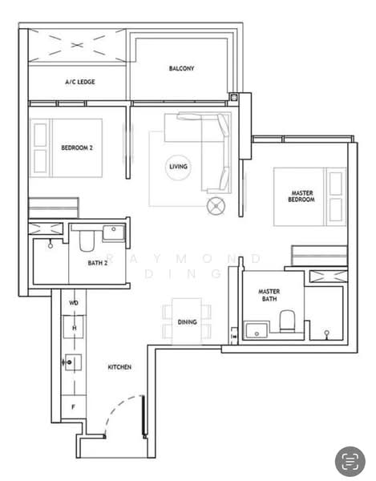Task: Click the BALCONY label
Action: click(x=181, y=69)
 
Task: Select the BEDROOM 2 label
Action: click(x=77, y=148)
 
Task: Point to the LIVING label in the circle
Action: click(x=179, y=167)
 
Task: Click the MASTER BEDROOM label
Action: click(x=301, y=196)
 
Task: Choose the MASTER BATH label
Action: click(x=268, y=295)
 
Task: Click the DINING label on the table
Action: click(x=187, y=321)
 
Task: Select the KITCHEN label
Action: click(x=120, y=367)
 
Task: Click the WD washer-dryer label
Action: click(x=74, y=303)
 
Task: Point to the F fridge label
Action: click(x=73, y=407)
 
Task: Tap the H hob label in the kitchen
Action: click(x=74, y=328)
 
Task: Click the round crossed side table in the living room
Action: click(x=216, y=206)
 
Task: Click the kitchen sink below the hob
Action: click(x=72, y=363)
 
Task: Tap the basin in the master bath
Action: click(x=257, y=329)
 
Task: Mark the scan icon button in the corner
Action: click(x=350, y=461)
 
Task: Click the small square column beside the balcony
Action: click(x=233, y=99)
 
